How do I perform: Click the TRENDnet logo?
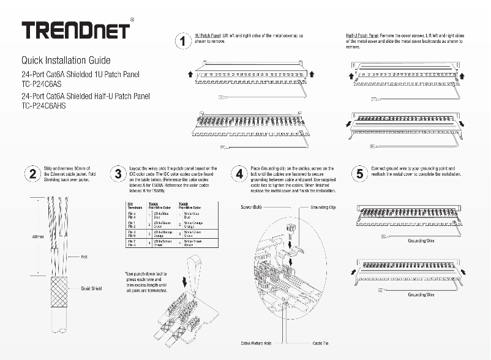pyautogui.click(x=75, y=29)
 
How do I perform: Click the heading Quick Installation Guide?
pyautogui.click(x=66, y=61)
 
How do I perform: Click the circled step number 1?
pyautogui.click(x=182, y=42)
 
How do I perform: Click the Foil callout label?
pyautogui.click(x=85, y=258)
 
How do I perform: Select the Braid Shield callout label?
pyautogui.click(x=91, y=287)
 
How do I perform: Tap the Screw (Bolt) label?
pyautogui.click(x=251, y=208)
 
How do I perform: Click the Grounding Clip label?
pyautogui.click(x=323, y=208)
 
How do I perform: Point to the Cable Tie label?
pyautogui.click(x=320, y=343)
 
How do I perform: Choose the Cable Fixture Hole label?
pyautogui.click(x=257, y=343)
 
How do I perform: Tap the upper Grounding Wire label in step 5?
pyautogui.click(x=421, y=241)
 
